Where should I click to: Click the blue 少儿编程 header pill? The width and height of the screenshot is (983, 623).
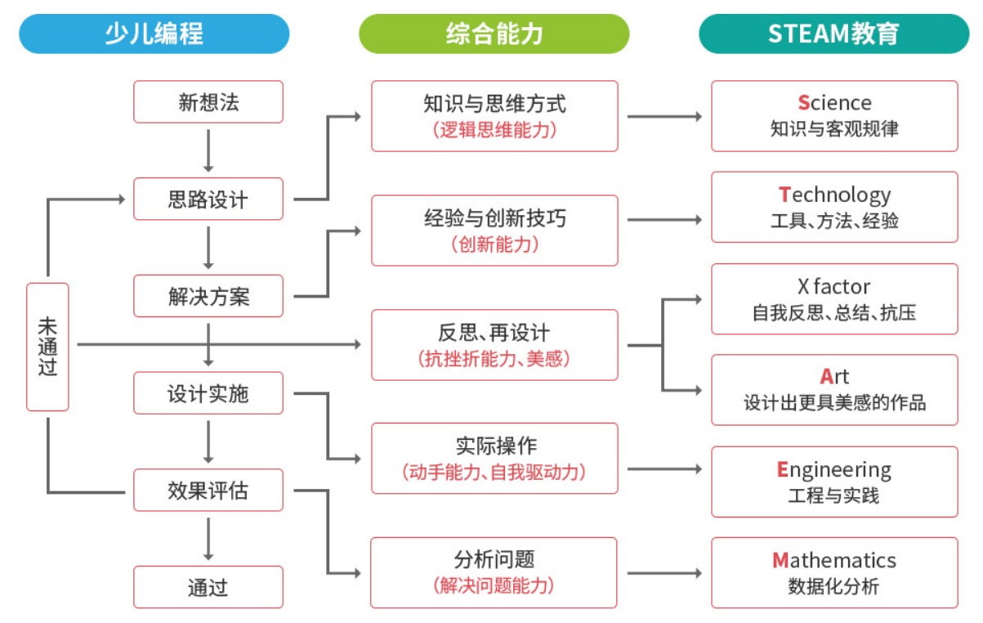(154, 34)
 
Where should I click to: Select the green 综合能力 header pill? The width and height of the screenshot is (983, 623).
(494, 34)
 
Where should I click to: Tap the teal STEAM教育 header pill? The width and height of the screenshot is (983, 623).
(833, 34)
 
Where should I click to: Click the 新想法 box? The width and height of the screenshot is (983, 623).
(208, 102)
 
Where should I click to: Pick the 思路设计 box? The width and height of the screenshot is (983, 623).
(208, 199)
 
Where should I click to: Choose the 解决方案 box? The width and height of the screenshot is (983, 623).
(208, 297)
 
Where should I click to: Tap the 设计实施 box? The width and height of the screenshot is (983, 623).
(208, 394)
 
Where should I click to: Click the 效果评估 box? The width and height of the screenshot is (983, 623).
(208, 491)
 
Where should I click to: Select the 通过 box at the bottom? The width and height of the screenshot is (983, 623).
(208, 587)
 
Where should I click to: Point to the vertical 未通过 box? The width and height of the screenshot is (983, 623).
(47, 347)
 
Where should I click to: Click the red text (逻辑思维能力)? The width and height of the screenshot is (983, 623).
(494, 129)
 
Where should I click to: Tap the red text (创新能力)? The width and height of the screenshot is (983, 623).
(494, 244)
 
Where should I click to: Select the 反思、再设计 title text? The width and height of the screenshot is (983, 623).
(494, 333)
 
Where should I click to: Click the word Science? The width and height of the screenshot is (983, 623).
(834, 103)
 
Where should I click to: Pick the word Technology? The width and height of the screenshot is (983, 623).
(834, 195)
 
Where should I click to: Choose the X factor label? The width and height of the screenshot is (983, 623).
(834, 287)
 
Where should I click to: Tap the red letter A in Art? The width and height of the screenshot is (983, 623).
(827, 377)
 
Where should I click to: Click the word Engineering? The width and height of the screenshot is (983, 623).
(834, 470)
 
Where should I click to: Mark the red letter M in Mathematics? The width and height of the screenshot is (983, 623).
(780, 561)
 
